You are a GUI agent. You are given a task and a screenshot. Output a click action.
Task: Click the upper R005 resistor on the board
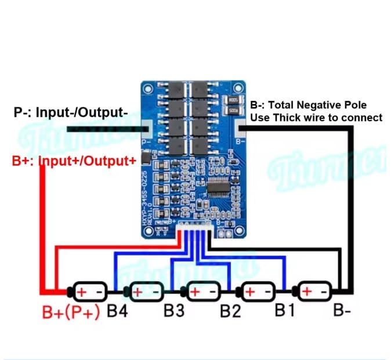(x=234, y=99)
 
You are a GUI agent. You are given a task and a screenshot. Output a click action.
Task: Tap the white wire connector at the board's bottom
(x=194, y=227)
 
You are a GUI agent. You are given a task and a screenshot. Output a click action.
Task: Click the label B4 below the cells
(x=117, y=311)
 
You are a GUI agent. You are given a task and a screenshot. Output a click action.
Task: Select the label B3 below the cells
(x=173, y=311)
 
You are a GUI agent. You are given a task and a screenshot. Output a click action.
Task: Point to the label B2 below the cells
(x=230, y=311)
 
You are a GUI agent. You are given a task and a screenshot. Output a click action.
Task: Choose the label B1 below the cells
(x=284, y=311)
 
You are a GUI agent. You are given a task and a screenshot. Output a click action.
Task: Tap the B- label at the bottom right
(x=341, y=311)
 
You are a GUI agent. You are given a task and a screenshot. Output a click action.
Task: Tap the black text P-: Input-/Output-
(x=70, y=113)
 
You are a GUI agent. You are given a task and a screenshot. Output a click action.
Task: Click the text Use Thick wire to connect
(x=316, y=118)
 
